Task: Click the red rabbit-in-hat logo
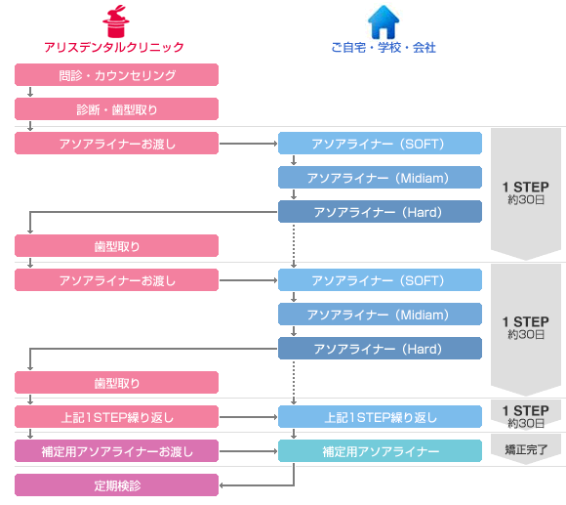coord(116,21)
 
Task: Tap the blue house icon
coord(384,21)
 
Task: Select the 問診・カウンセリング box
coord(116,75)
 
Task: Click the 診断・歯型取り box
coord(116,109)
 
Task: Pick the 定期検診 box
coord(116,485)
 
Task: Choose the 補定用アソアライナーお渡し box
coord(116,451)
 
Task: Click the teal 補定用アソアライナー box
coord(381,451)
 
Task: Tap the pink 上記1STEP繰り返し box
coord(116,417)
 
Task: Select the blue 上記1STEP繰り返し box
coord(381,417)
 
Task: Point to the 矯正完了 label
coord(526,449)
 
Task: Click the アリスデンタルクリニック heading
coord(114,47)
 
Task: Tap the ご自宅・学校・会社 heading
coord(384,47)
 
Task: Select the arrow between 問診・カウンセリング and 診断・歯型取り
coord(30,92)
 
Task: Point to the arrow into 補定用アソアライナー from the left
coord(248,451)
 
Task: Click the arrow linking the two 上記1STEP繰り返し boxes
coord(248,417)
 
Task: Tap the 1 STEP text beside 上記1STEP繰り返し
coord(526,410)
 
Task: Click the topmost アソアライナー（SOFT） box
coord(381,144)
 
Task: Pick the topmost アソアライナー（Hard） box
coord(381,212)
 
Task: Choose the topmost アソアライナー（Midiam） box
coord(381,178)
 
